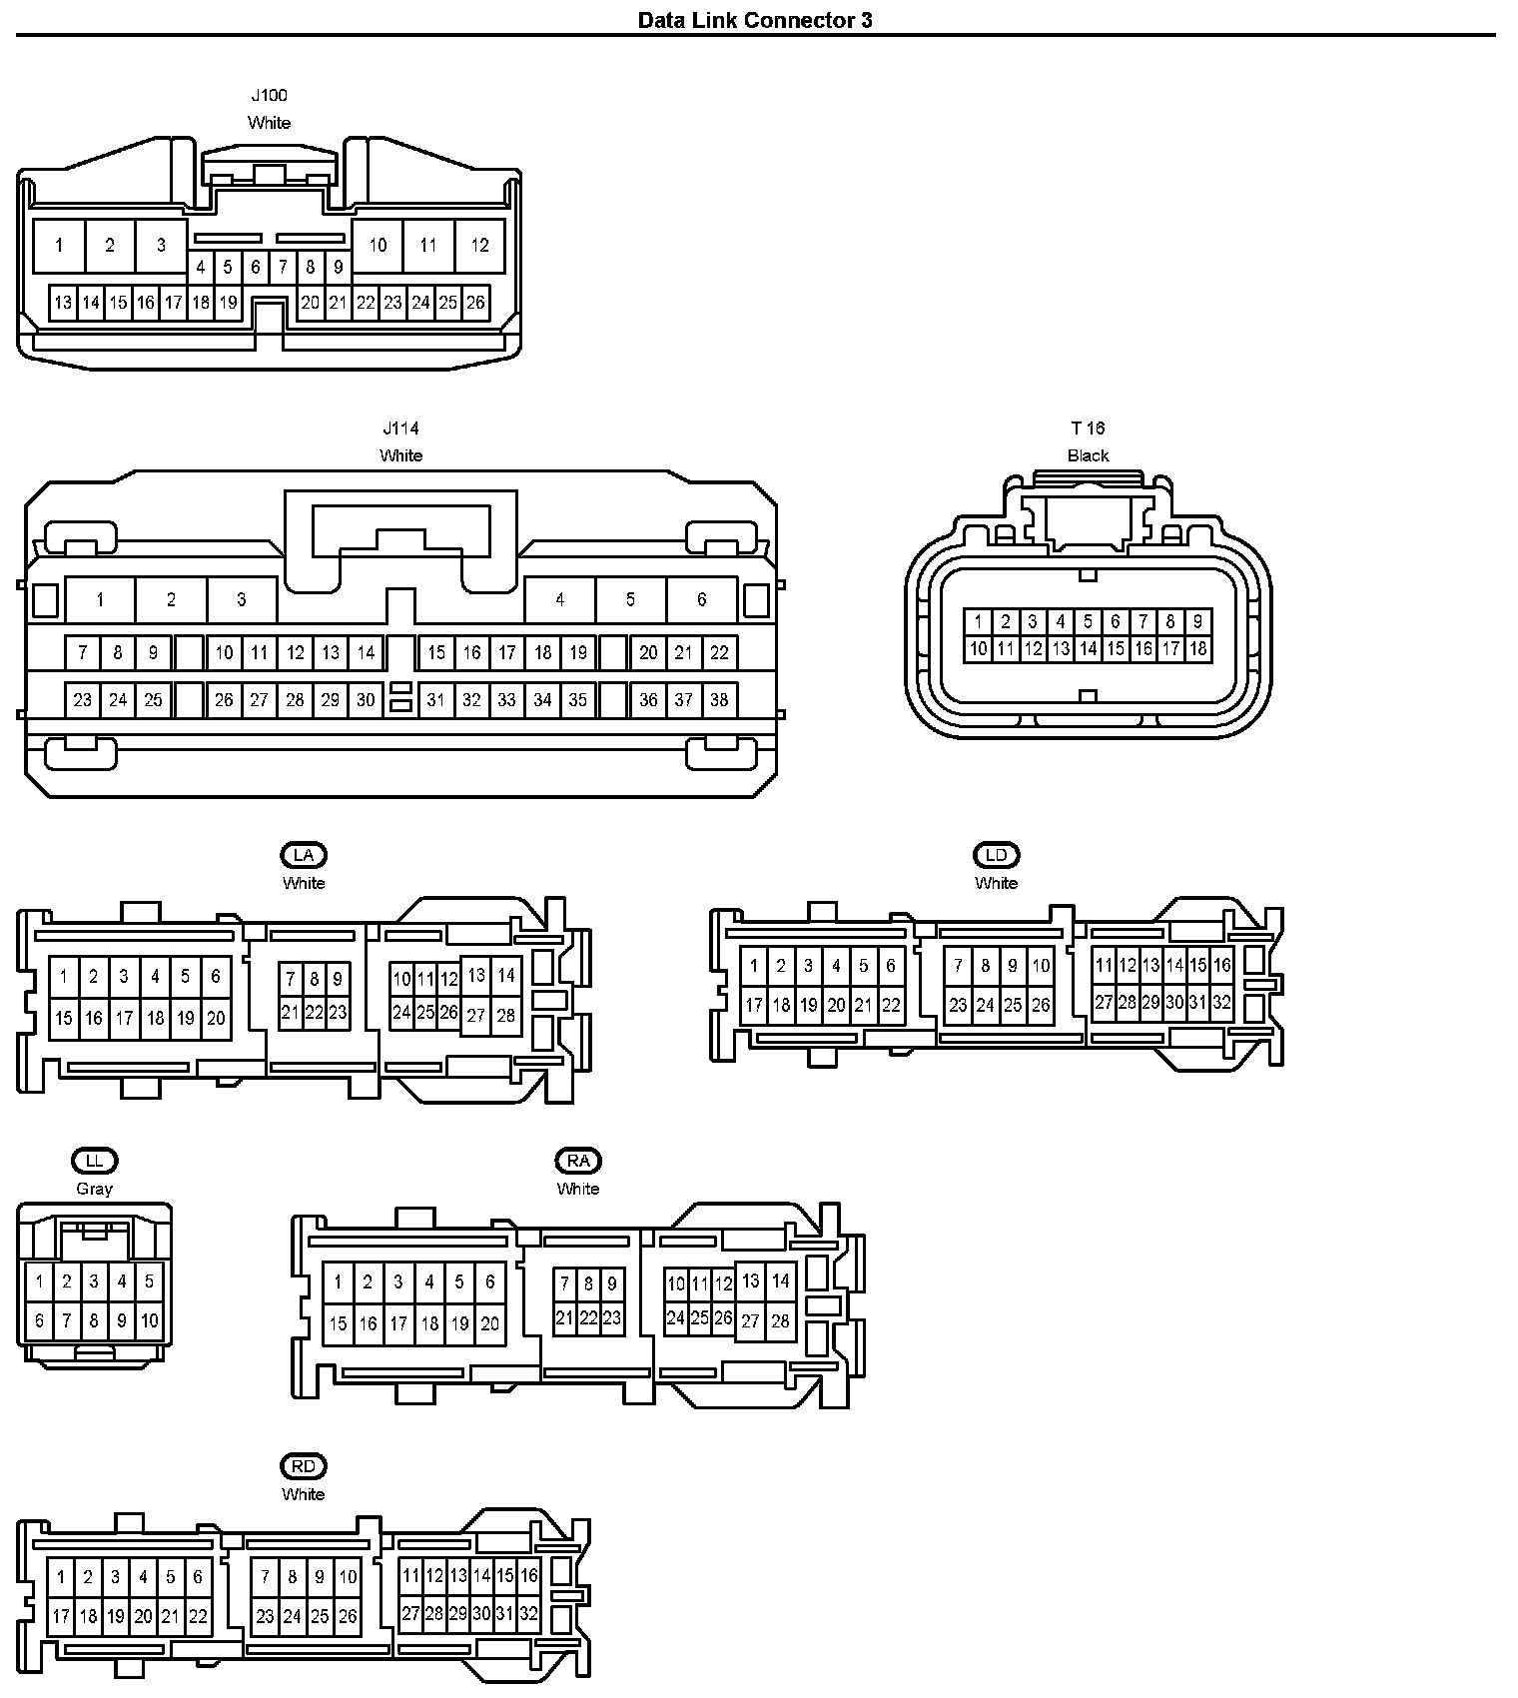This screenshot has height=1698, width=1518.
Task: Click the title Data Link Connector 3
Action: pos(755,20)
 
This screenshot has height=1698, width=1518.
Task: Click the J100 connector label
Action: pos(269,96)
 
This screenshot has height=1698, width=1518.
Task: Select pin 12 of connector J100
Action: pos(480,246)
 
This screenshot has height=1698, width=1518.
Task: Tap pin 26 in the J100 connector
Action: pos(475,303)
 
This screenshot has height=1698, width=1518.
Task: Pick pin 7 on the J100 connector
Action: pos(283,268)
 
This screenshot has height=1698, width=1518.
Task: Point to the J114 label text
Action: pos(400,428)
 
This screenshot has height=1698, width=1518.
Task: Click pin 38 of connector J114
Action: pos(719,700)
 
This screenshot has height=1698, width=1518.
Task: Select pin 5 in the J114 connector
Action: pos(630,600)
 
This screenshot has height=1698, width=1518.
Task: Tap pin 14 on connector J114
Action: pos(367,653)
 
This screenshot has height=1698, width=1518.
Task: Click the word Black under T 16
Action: pos(1088,455)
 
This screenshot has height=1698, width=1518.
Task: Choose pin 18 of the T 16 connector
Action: pos(1198,649)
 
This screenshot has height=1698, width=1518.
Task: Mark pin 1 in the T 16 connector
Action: pos(979,621)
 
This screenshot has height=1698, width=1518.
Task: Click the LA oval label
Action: pos(304,855)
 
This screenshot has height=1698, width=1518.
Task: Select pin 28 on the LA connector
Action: pos(506,1016)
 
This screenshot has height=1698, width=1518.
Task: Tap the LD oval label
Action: pos(996,855)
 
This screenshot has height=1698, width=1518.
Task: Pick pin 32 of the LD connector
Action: pos(1221,1003)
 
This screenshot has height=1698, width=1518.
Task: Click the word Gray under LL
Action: pos(94,1189)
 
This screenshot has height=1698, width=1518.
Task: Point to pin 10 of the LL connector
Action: pos(149,1321)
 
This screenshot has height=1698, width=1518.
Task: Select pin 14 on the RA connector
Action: pos(781,1280)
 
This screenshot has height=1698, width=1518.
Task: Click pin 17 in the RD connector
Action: pos(61,1616)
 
